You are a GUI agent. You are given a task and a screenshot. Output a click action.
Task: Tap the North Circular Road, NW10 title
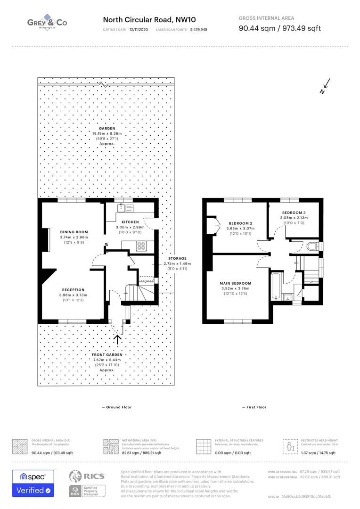tap(149, 20)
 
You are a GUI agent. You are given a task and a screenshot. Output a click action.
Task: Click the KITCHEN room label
tap(130, 222)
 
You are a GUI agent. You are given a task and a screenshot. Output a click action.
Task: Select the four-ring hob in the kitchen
tap(141, 246)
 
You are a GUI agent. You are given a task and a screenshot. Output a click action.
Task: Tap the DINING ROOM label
tap(74, 232)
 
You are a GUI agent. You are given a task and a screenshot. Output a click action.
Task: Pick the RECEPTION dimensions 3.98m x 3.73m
tap(73, 295)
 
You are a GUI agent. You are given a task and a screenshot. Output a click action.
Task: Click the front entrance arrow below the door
tap(117, 338)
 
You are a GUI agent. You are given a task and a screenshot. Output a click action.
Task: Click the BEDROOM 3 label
tap(294, 213)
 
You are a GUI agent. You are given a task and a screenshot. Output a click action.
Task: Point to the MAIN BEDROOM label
tap(235, 283)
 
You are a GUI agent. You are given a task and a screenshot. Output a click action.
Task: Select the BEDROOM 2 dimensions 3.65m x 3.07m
tap(241, 229)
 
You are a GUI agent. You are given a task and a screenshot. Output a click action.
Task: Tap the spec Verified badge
tap(33, 483)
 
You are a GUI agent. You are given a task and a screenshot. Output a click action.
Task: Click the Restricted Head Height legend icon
tap(289, 446)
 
